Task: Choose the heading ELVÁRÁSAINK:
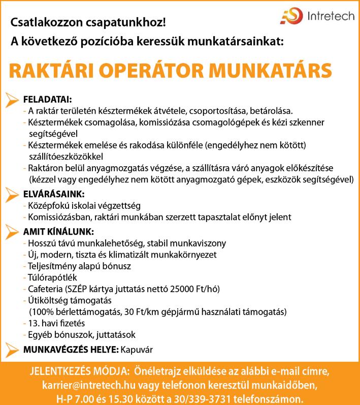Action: [x=54, y=194]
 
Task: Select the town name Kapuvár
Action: [x=137, y=350]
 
